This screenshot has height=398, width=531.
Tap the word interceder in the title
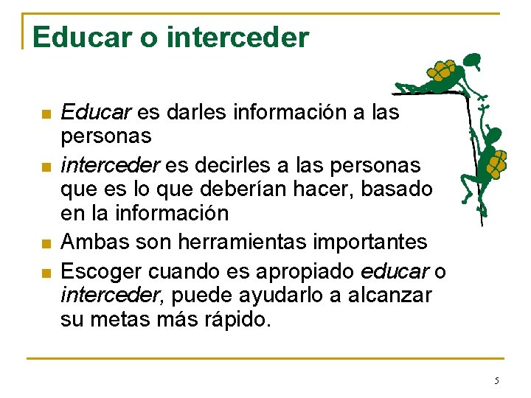(x=238, y=37)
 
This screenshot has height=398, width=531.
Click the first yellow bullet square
(x=46, y=114)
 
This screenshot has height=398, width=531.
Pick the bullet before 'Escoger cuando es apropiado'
(x=46, y=273)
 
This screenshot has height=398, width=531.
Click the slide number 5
(x=496, y=380)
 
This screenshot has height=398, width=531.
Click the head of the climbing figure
(x=492, y=135)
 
